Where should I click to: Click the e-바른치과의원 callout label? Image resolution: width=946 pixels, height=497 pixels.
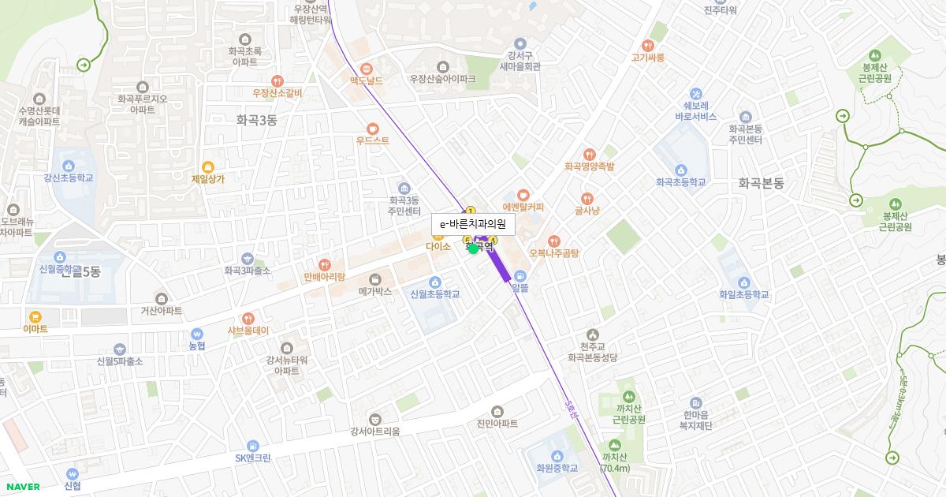[x=473, y=225]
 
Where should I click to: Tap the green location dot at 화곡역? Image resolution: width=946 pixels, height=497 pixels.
[x=473, y=248]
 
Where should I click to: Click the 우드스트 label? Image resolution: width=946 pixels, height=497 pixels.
[x=372, y=140]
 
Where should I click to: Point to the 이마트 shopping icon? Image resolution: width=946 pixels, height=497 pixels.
[x=35, y=316]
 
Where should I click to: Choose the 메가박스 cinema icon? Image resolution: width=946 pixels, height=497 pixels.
[x=375, y=278]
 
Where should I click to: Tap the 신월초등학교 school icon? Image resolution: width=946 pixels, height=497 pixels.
[x=434, y=282]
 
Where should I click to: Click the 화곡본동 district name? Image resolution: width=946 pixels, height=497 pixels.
[x=761, y=183]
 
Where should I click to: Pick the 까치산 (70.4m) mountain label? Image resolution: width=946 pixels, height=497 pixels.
[x=614, y=463]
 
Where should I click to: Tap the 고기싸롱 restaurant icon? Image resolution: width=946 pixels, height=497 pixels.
[x=648, y=46]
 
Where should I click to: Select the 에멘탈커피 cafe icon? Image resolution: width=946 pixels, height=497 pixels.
[x=523, y=195]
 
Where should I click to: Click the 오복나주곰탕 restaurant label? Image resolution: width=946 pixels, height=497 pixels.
[x=554, y=253]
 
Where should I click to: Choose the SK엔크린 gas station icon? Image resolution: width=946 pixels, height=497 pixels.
[x=252, y=446]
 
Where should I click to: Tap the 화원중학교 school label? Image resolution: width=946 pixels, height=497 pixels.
[x=557, y=468]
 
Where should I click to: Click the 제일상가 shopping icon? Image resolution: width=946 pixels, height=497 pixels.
[x=208, y=166]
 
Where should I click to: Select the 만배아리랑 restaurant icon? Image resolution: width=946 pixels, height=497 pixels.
[x=324, y=264]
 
